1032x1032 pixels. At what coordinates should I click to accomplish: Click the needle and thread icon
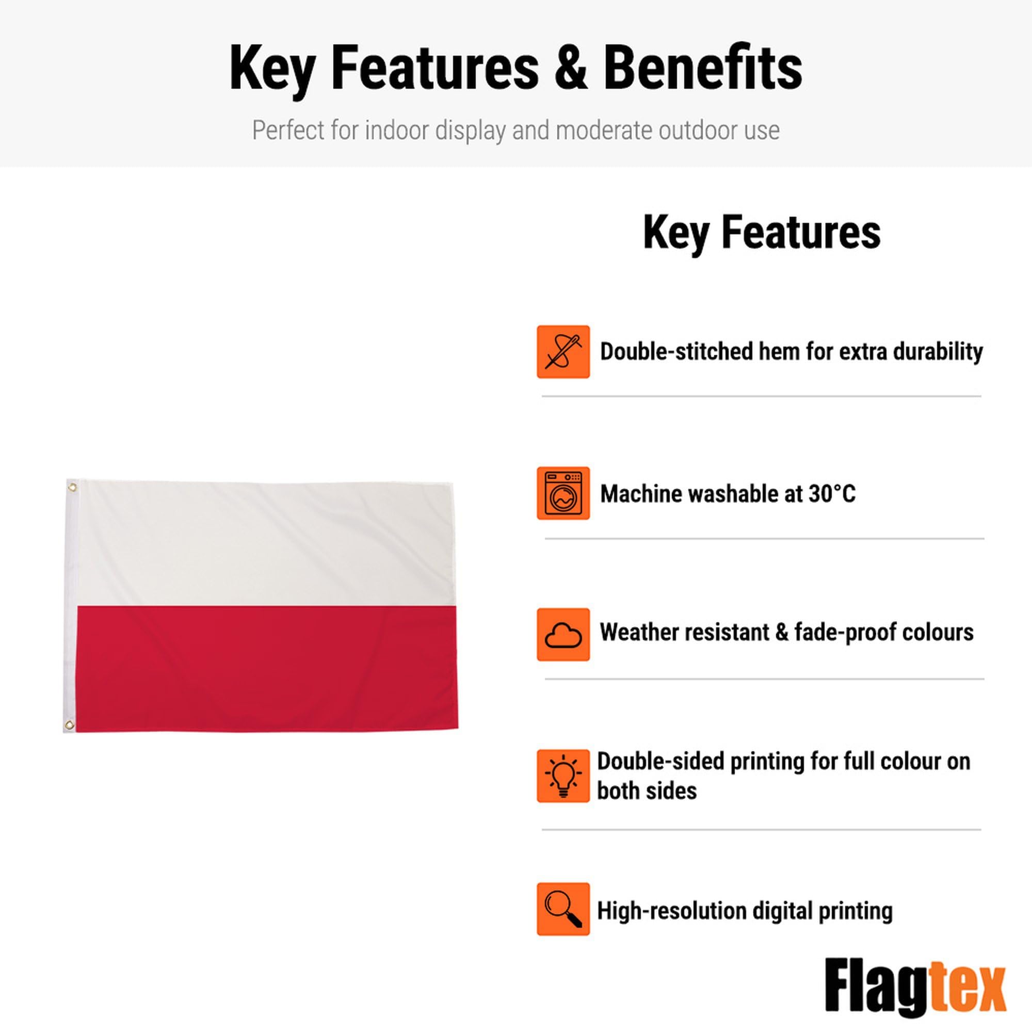pos(563,351)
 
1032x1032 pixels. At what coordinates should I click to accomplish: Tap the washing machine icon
pos(563,493)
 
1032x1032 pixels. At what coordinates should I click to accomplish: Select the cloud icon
pos(563,635)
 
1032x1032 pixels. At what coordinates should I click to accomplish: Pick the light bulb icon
pos(563,776)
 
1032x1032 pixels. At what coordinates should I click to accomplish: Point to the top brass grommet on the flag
pos(72,487)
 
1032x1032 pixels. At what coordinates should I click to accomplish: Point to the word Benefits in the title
pos(703,69)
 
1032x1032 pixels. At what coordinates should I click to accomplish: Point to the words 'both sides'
pos(647,791)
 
